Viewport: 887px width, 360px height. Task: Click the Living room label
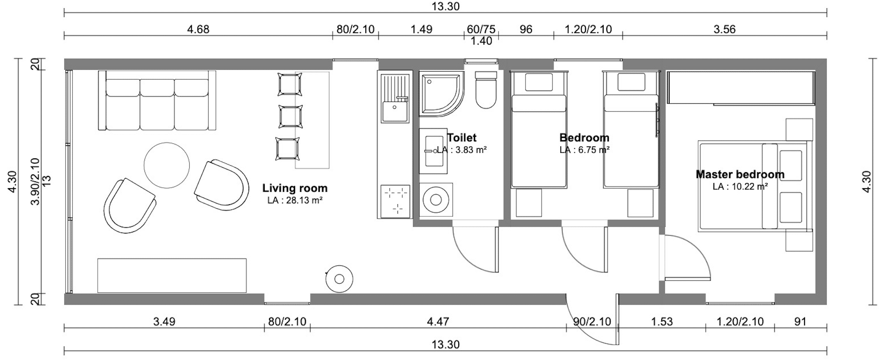[295, 188]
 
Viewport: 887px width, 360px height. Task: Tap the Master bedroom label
[740, 174]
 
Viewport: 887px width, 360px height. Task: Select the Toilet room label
[462, 137]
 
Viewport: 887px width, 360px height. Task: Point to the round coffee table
[167, 165]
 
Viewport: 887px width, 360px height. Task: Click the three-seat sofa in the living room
[157, 100]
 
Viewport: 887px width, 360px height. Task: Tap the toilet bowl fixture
[486, 90]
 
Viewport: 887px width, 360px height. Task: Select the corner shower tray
[441, 94]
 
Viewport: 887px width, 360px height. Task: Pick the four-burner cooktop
[395, 201]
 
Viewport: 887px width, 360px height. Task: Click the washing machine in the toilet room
[436, 200]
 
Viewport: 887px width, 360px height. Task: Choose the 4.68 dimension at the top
[198, 29]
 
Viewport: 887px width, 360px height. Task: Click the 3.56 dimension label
[724, 29]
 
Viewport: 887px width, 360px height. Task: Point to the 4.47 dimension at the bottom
[438, 322]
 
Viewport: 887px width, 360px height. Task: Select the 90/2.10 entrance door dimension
[592, 322]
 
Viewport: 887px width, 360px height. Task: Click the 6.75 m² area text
[585, 150]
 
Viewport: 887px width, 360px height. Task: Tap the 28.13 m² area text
[295, 200]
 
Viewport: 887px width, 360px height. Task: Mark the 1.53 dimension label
[662, 322]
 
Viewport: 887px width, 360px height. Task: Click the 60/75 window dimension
[481, 29]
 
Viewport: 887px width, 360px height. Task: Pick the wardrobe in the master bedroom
[740, 88]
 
